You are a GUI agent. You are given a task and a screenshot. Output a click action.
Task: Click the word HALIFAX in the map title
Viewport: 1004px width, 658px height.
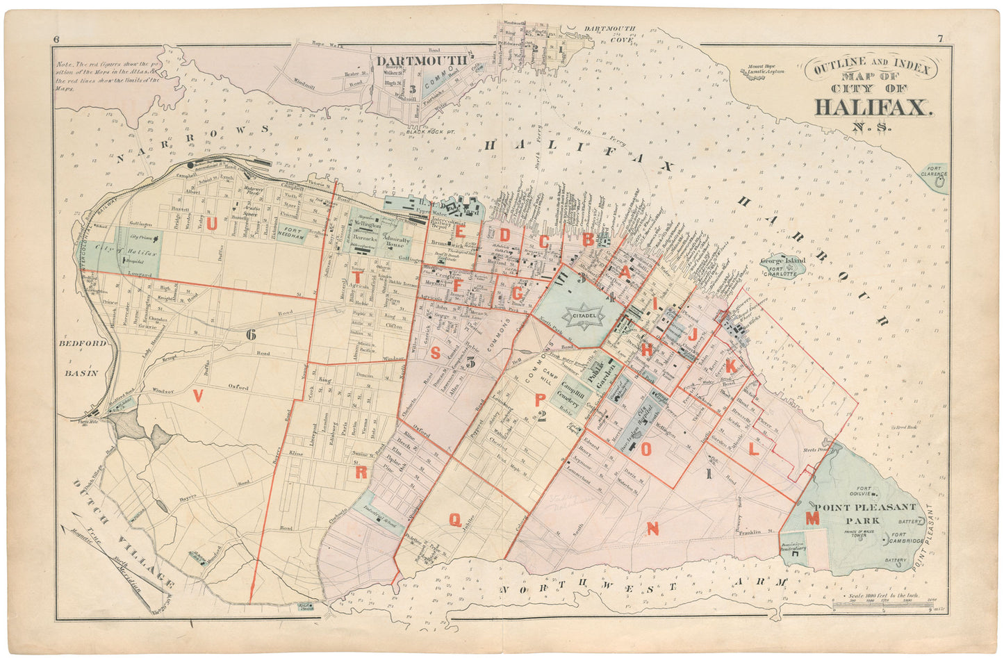pos(872,108)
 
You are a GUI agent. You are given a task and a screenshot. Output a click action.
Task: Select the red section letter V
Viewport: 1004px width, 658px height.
pos(198,396)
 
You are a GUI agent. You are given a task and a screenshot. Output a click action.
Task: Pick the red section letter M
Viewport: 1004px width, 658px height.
pos(812,518)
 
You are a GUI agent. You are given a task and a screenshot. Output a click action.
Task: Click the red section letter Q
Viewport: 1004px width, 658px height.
pos(454,519)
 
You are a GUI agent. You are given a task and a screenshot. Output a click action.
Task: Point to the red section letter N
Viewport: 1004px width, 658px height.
pos(652,529)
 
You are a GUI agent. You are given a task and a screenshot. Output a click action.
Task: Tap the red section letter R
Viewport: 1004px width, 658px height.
pos(361,473)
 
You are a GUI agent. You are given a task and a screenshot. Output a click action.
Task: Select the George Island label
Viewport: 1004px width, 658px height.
pos(782,261)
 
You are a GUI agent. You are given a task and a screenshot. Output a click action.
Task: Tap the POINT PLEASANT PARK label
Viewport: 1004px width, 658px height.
pos(866,513)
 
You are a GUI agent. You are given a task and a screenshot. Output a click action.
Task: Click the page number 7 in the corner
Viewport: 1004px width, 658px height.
pos(939,39)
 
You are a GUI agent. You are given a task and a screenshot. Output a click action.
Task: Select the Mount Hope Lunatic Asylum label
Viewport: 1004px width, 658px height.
pos(766,69)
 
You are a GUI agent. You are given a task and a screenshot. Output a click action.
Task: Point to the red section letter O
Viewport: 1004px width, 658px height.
pos(645,449)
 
